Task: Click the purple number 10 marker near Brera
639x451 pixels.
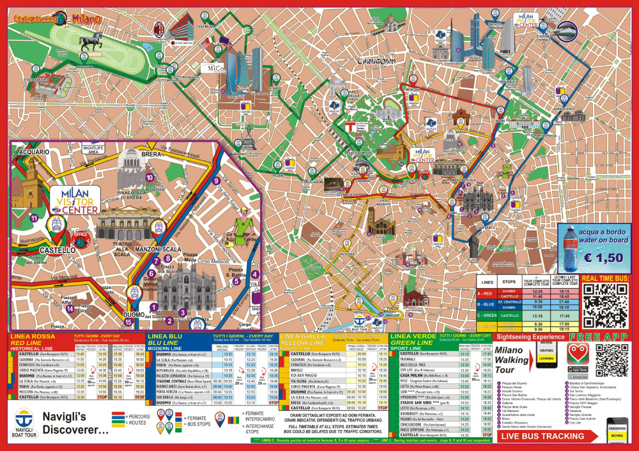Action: point(149,178)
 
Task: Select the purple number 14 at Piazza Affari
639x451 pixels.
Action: point(70,309)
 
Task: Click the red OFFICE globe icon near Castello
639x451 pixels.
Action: point(81,234)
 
